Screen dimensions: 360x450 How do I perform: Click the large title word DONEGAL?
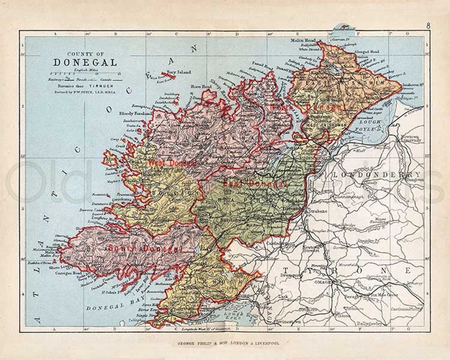coord(85,62)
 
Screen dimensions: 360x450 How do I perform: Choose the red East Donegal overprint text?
coord(255,183)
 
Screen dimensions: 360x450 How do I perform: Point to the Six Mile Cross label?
coord(381,295)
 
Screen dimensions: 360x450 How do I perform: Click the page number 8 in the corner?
coord(428,26)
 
